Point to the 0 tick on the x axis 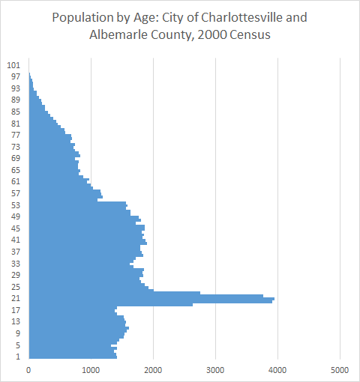[x=29, y=370]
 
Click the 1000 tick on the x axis [x=91, y=370]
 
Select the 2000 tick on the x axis [x=154, y=370]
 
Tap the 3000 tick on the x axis [x=216, y=370]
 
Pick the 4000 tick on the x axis [x=278, y=370]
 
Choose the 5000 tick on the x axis [x=340, y=370]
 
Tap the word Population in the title [x=81, y=16]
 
